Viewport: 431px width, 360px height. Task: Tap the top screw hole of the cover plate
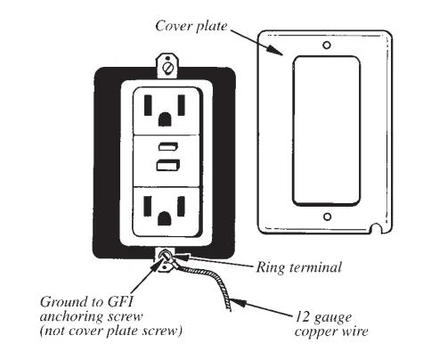(327, 45)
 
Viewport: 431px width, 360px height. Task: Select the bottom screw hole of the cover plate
(327, 217)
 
